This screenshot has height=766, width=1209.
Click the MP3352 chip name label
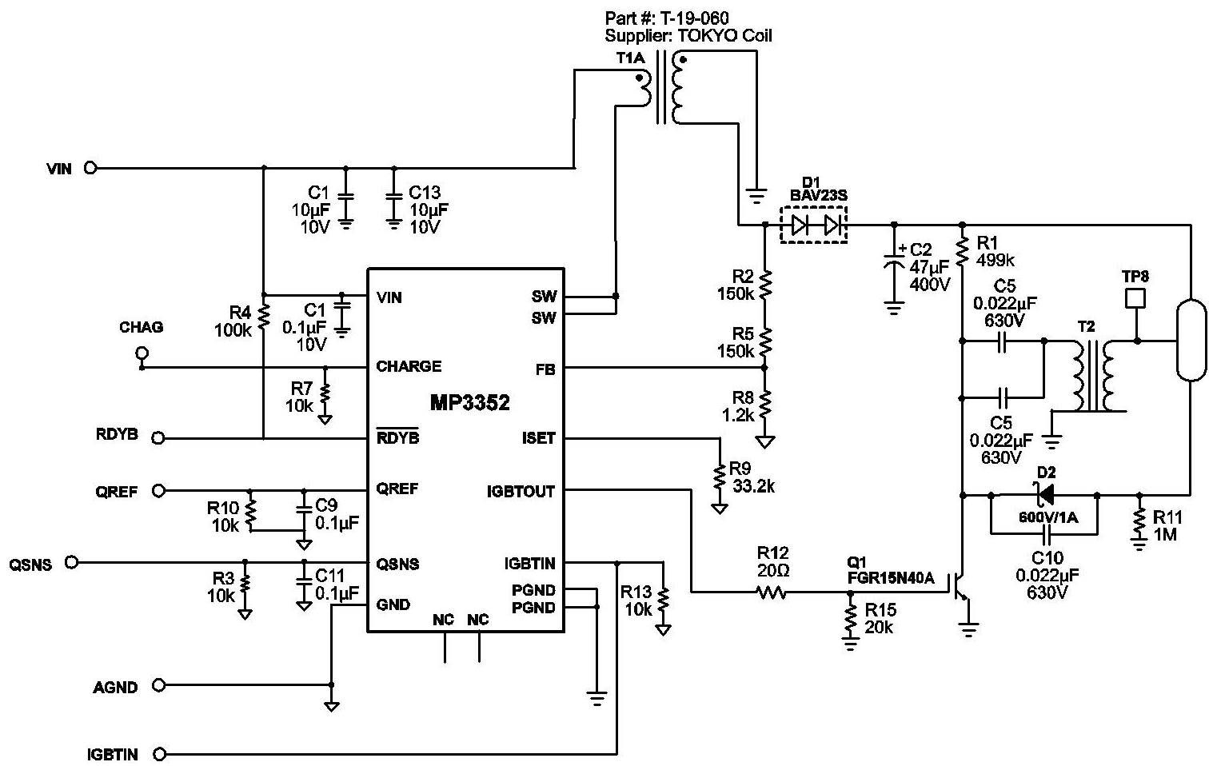click(x=469, y=403)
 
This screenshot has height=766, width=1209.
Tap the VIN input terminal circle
click(x=90, y=169)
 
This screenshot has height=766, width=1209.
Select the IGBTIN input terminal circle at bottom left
click(x=159, y=753)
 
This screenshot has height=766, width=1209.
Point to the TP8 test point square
click(x=1135, y=298)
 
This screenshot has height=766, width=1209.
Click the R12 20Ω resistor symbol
click(x=772, y=592)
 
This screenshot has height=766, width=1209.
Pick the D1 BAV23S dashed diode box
click(x=814, y=225)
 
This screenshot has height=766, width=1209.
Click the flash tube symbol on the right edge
click(x=1191, y=340)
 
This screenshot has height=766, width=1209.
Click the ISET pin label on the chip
click(x=538, y=438)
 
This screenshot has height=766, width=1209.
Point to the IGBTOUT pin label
click(x=521, y=491)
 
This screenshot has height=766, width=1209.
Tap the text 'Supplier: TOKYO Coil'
click(x=688, y=36)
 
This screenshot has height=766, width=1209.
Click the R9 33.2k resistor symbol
click(x=720, y=477)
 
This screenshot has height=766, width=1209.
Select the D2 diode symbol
click(x=1045, y=494)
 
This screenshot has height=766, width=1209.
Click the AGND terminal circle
click(x=158, y=685)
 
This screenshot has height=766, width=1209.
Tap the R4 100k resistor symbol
click(x=263, y=317)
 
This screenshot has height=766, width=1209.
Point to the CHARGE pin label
click(x=409, y=366)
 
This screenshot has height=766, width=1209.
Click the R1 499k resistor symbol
click(x=963, y=251)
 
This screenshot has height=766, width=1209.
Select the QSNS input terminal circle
click(x=71, y=562)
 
